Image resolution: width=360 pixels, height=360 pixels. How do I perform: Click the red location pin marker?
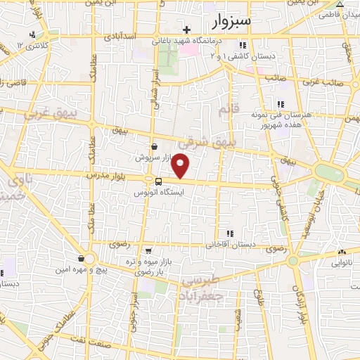(181, 166)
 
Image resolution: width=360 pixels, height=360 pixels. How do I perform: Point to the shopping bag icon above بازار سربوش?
(153, 147)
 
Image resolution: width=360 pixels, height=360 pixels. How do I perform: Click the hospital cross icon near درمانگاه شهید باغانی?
(186, 30)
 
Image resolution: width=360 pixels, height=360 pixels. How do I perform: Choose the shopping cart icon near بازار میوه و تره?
(148, 250)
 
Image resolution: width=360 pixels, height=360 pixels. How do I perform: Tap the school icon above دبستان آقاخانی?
(229, 233)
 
